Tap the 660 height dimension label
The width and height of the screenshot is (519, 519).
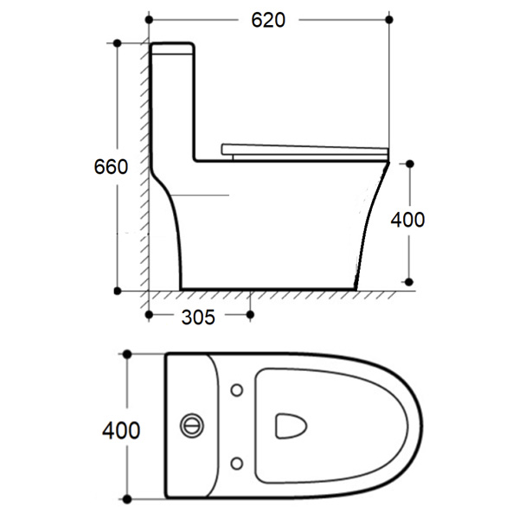(112, 167)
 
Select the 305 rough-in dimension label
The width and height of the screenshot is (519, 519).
(198, 317)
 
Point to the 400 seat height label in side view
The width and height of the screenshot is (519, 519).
(407, 220)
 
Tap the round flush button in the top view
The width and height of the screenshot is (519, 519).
(192, 426)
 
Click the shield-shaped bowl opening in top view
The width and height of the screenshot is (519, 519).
(290, 426)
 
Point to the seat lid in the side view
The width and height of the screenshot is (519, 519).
(303, 150)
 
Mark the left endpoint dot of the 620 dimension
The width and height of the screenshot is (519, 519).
(149, 19)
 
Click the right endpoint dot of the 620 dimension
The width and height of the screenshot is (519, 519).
(390, 19)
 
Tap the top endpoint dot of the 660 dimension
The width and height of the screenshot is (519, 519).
(118, 42)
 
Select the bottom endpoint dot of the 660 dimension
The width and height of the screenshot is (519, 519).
(118, 290)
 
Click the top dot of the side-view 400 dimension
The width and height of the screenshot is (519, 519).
(408, 162)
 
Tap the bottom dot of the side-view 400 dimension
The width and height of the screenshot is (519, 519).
(408, 281)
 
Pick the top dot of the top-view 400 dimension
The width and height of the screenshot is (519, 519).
(128, 354)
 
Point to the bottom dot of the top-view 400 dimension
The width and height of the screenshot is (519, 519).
(128, 499)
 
